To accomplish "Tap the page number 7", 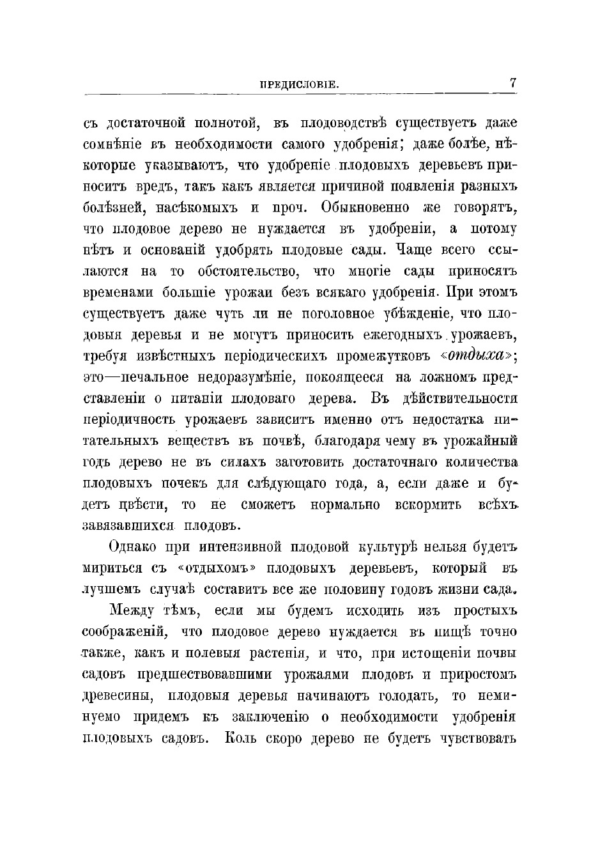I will pyautogui.click(x=512, y=83).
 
